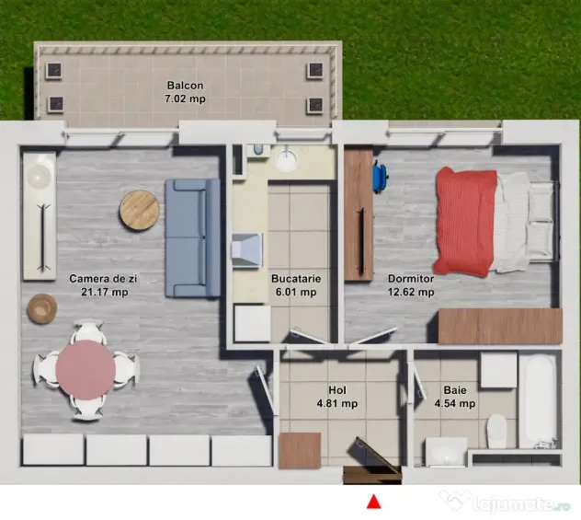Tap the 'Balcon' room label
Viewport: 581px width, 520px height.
click(186, 86)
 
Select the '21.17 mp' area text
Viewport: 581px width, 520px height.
click(105, 292)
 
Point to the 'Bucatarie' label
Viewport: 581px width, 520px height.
click(296, 279)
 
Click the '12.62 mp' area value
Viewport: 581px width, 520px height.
click(411, 292)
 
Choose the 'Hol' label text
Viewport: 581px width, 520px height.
click(337, 390)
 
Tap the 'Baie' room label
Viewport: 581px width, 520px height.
click(455, 390)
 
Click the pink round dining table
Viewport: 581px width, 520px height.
click(85, 369)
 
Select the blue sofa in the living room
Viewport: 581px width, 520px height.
click(192, 238)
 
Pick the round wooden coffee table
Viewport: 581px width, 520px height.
click(140, 210)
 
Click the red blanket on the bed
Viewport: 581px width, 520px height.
click(466, 222)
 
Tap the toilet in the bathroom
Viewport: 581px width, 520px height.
click(496, 431)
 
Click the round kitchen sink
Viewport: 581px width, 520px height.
click(287, 160)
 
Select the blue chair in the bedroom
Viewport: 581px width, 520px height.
click(381, 176)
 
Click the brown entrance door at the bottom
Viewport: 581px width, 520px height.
click(372, 474)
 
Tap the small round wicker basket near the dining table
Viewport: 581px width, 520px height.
click(42, 308)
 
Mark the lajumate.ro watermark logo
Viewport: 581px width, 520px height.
click(505, 502)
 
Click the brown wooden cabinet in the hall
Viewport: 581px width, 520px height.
click(300, 450)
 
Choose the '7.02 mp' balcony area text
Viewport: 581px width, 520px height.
click(186, 99)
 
